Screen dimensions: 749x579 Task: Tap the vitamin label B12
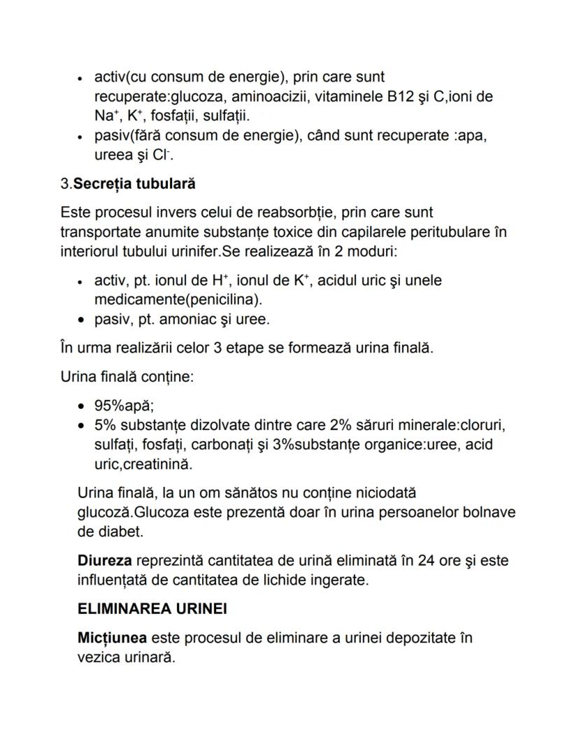[401, 96]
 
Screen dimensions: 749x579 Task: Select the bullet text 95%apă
[124, 406]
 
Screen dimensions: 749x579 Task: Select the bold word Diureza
[105, 562]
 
